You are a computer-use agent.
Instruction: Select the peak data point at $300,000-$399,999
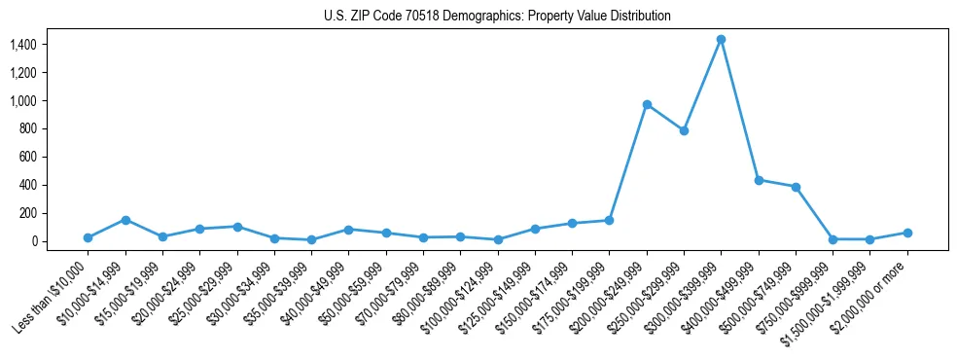(x=721, y=39)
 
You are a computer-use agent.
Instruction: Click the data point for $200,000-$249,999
(x=647, y=104)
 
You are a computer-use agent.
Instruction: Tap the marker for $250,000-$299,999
(x=684, y=130)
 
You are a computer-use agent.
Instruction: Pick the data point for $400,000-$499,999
(x=759, y=180)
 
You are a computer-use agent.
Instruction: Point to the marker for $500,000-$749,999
(x=796, y=187)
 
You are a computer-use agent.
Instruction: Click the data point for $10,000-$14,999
(x=125, y=220)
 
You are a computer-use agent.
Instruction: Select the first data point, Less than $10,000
(x=88, y=237)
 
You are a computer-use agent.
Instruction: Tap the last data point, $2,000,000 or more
(x=907, y=233)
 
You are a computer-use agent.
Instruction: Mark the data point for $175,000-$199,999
(x=609, y=220)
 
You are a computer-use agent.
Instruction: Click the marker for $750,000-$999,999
(x=833, y=239)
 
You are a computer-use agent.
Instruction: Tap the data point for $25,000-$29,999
(x=237, y=227)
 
